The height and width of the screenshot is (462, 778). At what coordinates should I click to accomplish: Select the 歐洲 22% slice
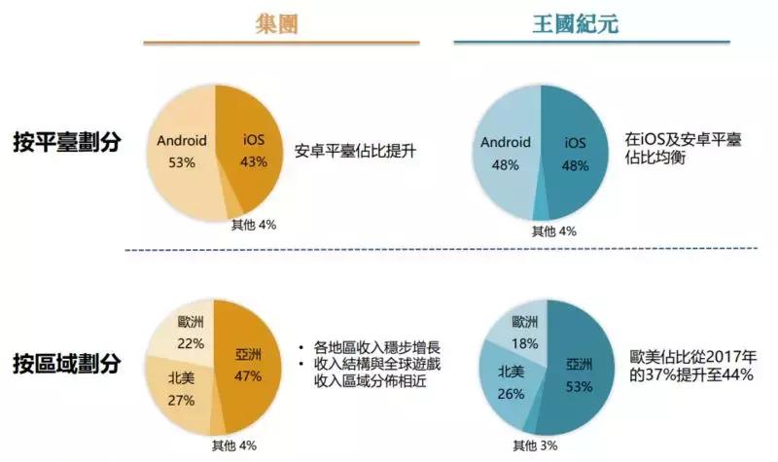click(x=191, y=331)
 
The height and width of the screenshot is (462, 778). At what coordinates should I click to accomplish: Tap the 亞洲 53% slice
click(x=580, y=375)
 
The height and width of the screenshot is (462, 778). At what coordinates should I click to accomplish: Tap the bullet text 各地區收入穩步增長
click(x=371, y=346)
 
